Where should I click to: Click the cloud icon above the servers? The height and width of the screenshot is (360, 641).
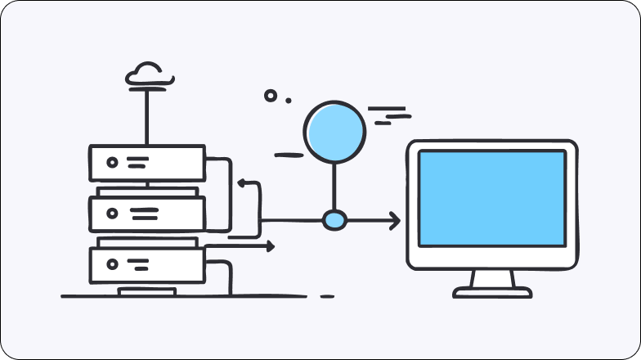148,74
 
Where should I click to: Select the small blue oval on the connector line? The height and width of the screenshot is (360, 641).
334,220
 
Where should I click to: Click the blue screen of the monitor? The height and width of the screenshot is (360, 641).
491,198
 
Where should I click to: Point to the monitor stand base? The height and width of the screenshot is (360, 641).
492,291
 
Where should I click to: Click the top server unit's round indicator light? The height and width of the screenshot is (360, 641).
112,162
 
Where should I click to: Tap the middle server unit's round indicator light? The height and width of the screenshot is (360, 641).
112,214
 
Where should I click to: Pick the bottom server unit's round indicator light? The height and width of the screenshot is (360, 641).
112,263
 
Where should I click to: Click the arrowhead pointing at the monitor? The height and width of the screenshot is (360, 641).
395,220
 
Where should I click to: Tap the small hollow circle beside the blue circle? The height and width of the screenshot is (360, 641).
270,96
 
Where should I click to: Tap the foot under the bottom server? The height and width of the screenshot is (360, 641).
146,290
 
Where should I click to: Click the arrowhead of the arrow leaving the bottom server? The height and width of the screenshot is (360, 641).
270,245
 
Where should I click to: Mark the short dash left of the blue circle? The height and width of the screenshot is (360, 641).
289,154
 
